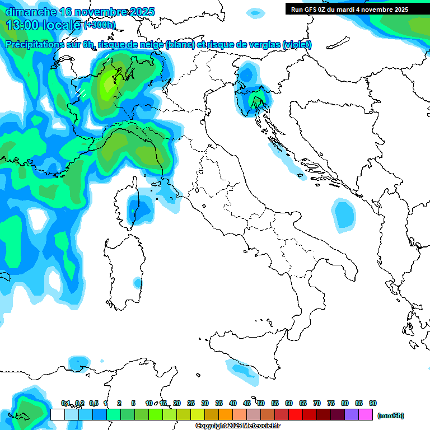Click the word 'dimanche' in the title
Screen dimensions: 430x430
pos(30,12)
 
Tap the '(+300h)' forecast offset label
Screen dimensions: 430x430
pos(100,25)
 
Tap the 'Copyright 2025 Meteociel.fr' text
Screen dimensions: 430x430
pos(237,426)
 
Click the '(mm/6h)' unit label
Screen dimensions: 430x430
pos(391,415)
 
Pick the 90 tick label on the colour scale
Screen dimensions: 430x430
pos(373,403)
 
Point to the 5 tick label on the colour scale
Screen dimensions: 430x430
pos(133,403)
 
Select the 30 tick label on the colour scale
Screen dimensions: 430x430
pos(205,403)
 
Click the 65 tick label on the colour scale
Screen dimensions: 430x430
pos(303,403)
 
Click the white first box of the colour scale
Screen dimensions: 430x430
pos(57,415)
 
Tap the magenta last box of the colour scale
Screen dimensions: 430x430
pos(366,415)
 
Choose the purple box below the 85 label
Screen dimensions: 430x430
pos(352,415)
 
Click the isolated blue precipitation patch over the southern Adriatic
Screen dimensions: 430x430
pos(344,215)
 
